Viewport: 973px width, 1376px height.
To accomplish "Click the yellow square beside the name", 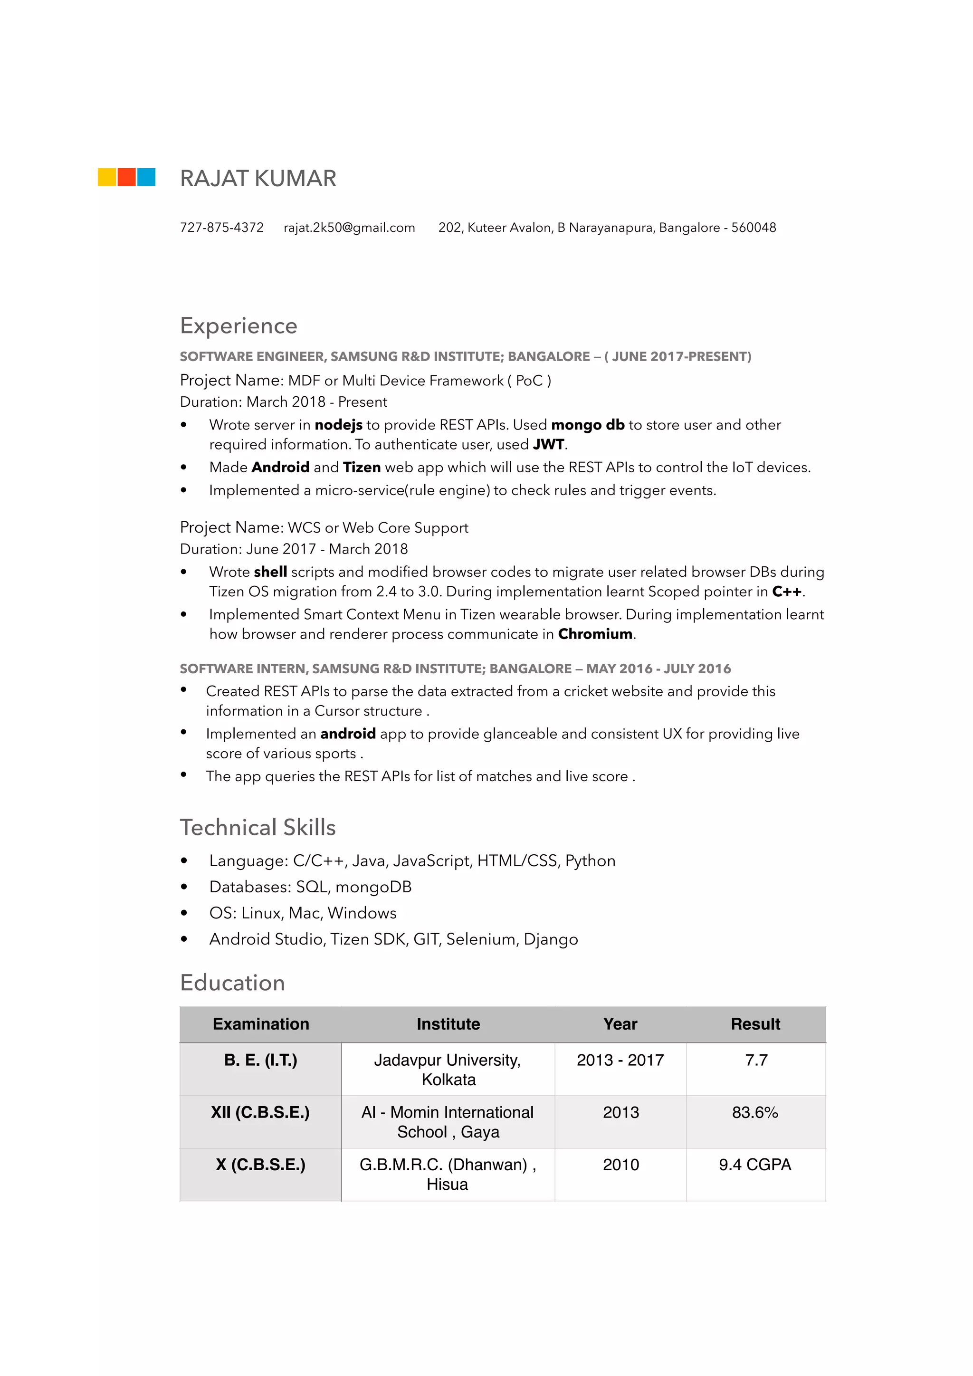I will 106,177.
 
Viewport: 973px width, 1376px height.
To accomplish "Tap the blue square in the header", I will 146,177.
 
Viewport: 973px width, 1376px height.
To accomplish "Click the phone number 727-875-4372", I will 222,228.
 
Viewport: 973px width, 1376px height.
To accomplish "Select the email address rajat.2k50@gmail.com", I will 349,228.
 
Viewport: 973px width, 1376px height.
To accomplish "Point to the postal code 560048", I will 753,228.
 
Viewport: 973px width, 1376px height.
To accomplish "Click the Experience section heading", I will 238,326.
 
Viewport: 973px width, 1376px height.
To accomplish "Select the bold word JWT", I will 548,445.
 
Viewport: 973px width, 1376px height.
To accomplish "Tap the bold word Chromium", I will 595,634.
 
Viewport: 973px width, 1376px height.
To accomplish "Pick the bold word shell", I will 270,572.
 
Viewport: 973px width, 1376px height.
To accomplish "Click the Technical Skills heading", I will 258,828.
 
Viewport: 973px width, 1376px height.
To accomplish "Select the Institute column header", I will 448,1024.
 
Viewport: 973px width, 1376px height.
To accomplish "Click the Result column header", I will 755,1024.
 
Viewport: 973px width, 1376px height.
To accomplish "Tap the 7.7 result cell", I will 756,1060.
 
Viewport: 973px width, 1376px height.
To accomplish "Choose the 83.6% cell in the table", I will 755,1112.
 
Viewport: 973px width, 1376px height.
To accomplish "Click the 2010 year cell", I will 620,1165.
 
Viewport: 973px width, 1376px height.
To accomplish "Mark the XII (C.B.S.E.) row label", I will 260,1112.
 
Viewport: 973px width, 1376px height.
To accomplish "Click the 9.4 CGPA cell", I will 755,1165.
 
